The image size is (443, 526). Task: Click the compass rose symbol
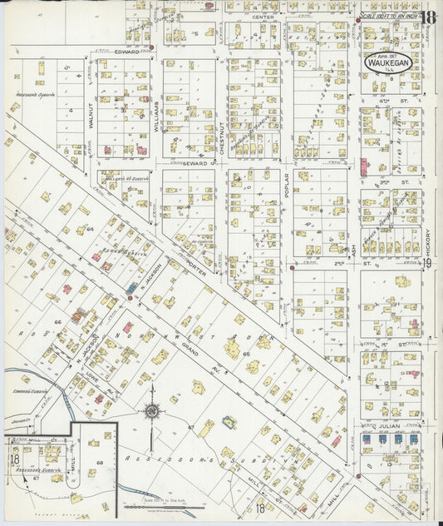(x=152, y=410)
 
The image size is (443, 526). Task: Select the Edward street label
(x=127, y=50)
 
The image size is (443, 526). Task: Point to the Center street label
(x=263, y=17)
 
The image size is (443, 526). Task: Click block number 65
(x=247, y=354)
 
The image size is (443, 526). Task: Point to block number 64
(x=90, y=227)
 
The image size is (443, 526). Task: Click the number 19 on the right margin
(x=426, y=264)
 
